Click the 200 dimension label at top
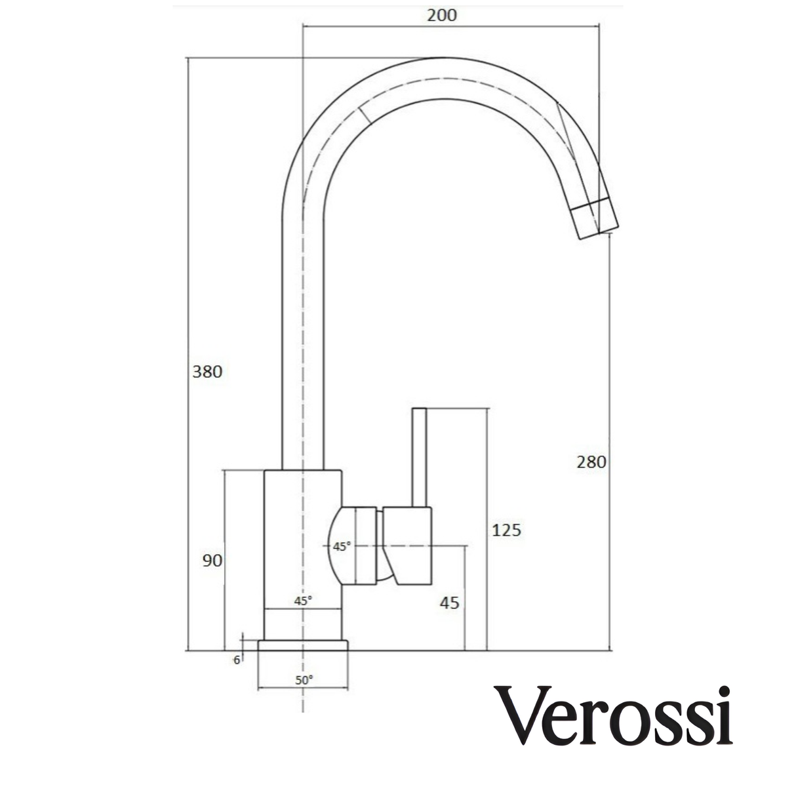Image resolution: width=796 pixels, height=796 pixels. [441, 14]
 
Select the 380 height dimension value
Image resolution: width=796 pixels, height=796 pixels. [207, 372]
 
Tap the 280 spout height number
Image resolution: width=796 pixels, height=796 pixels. [591, 462]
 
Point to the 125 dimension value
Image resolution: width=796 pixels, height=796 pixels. [506, 530]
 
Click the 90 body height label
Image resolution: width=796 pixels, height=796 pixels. [212, 560]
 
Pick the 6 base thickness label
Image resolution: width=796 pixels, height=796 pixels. [237, 660]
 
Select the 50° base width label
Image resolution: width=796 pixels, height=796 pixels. [304, 680]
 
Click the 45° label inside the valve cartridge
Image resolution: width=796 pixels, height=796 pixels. [342, 546]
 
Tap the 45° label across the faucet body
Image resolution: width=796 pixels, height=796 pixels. [303, 600]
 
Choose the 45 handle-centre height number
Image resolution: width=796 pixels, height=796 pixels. [450, 603]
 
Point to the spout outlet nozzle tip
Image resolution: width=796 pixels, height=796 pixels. [595, 222]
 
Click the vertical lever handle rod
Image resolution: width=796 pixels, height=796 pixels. [419, 457]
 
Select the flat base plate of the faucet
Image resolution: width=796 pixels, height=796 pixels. [302, 645]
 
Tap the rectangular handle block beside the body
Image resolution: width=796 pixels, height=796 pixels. [408, 545]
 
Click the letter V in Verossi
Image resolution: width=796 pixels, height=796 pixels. [521, 716]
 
